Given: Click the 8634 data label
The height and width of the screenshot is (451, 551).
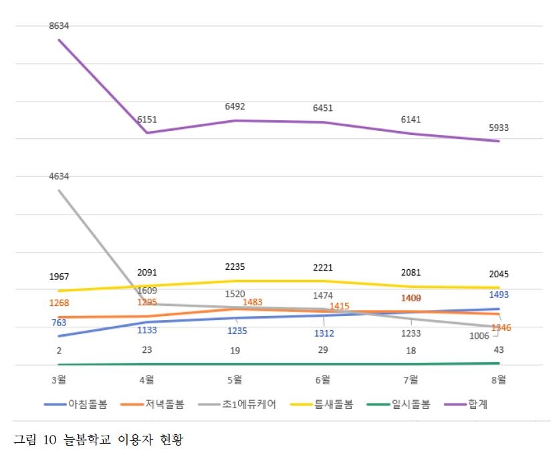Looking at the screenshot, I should pyautogui.click(x=59, y=25).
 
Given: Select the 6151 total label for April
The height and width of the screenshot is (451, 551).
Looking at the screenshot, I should pyautogui.click(x=147, y=119).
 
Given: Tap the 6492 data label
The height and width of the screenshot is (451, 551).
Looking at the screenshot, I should pyautogui.click(x=235, y=107).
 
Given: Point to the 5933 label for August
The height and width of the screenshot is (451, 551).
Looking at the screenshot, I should pyautogui.click(x=498, y=127).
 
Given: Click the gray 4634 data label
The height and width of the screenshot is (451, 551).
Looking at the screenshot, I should pyautogui.click(x=59, y=176).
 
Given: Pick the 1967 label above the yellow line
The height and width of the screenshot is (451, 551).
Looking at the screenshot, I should pyautogui.click(x=59, y=277).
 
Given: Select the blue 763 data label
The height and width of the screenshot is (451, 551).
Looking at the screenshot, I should pyautogui.click(x=59, y=323).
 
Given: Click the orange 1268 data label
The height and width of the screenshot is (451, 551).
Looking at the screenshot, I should pyautogui.click(x=59, y=303).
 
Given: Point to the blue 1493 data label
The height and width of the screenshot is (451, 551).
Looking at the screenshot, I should pyautogui.click(x=498, y=295).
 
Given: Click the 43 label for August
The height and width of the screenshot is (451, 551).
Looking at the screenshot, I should pyautogui.click(x=498, y=349).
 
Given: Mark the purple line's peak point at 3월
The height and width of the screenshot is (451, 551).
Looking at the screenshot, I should pyautogui.click(x=59, y=39).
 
